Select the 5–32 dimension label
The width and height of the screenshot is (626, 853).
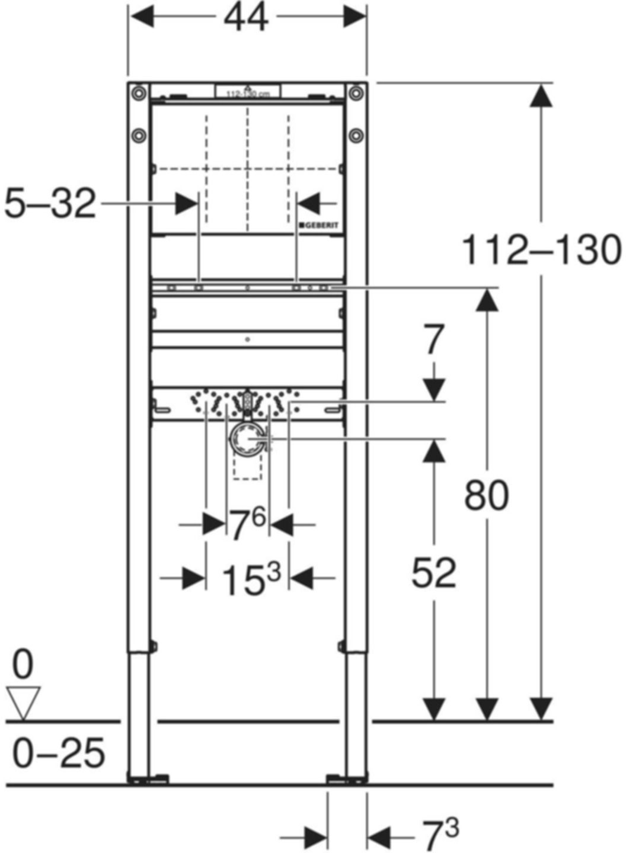coord(50,204)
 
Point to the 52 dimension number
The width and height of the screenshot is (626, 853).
coord(434,572)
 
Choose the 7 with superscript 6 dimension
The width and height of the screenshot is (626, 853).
coord(247,524)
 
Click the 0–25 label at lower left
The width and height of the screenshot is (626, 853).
coord(59,753)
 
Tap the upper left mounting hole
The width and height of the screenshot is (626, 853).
coord(139,93)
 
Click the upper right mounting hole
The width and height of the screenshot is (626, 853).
coord(356,93)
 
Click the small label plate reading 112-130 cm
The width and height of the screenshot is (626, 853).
coord(248,92)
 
